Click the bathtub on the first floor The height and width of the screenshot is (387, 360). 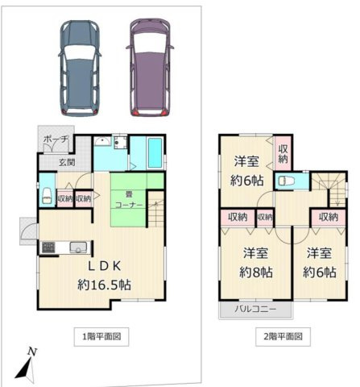149,152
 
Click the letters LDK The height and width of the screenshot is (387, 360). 100,267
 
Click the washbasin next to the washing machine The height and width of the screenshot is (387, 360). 120,144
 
